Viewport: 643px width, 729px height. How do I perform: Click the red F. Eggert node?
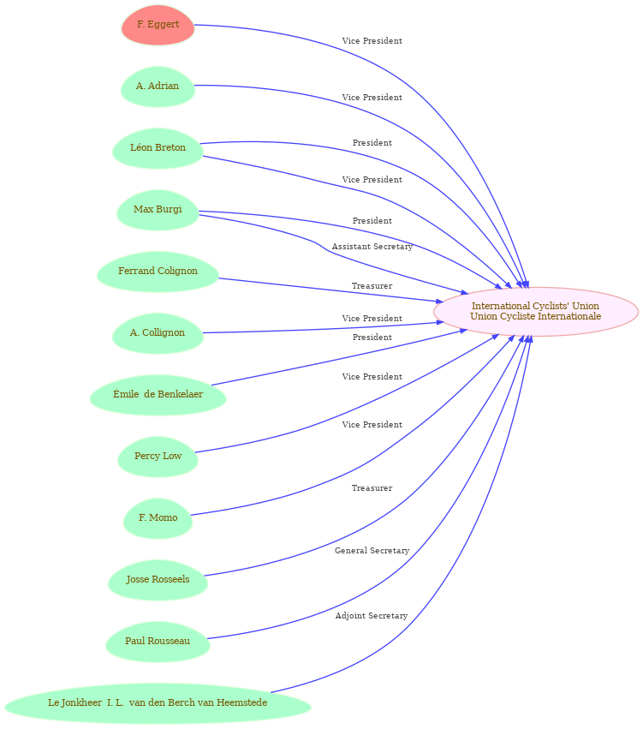[x=158, y=25]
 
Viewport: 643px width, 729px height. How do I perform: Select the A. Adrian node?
[x=158, y=87]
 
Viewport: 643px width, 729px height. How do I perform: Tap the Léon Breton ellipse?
[x=158, y=148]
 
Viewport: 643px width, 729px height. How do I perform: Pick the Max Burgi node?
[x=158, y=210]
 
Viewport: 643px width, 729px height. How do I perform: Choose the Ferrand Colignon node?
[x=158, y=272]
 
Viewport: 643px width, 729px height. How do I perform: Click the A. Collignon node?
[x=158, y=333]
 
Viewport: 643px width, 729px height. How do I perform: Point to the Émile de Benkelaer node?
[x=158, y=395]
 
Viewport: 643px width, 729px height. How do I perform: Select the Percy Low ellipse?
[x=158, y=457]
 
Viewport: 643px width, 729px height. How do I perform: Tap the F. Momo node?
[x=158, y=518]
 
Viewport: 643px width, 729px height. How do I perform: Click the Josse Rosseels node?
[x=158, y=580]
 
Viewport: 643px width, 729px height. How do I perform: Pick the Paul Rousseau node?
[x=158, y=642]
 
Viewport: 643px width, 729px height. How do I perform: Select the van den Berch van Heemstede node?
[x=158, y=703]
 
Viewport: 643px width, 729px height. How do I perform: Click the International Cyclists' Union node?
[x=536, y=312]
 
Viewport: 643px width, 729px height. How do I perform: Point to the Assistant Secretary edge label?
[x=372, y=247]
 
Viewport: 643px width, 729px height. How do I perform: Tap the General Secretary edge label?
[x=372, y=551]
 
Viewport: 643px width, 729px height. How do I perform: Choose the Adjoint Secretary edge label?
[x=372, y=616]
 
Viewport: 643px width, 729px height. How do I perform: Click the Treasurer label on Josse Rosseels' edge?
[x=372, y=487]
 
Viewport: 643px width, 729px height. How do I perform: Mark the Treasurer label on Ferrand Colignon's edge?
[x=372, y=286]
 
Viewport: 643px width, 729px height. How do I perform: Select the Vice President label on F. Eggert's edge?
[x=372, y=41]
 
